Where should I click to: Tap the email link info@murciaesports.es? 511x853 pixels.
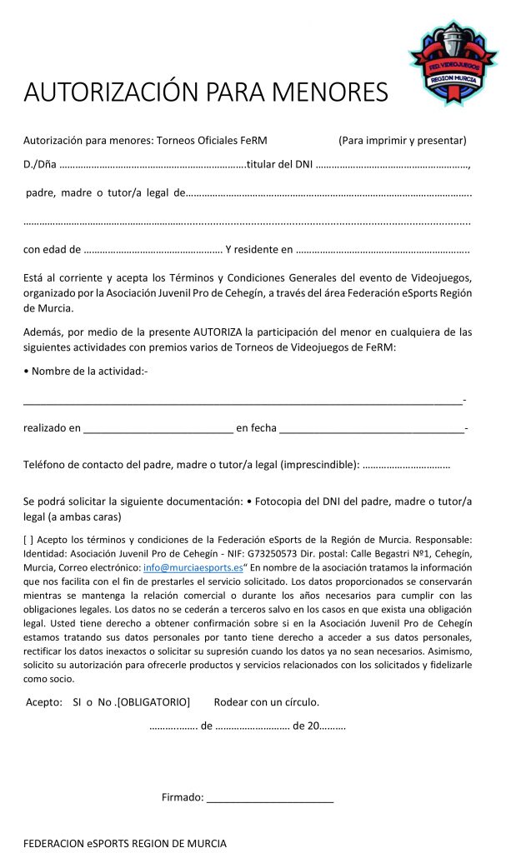click(193, 567)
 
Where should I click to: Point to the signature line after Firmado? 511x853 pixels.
click(270, 799)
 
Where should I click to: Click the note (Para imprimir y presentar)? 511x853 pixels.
click(402, 140)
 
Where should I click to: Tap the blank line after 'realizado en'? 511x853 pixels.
click(158, 430)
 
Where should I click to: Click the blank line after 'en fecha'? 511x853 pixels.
click(372, 430)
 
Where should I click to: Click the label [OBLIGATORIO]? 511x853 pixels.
click(153, 701)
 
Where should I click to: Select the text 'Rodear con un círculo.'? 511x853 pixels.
click(267, 701)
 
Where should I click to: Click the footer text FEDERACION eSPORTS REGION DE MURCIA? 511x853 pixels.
click(124, 843)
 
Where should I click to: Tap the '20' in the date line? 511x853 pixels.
click(313, 726)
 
